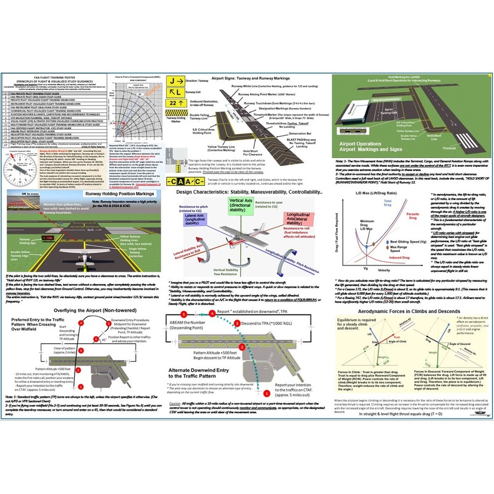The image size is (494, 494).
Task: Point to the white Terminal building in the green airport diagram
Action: pos(364,101)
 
